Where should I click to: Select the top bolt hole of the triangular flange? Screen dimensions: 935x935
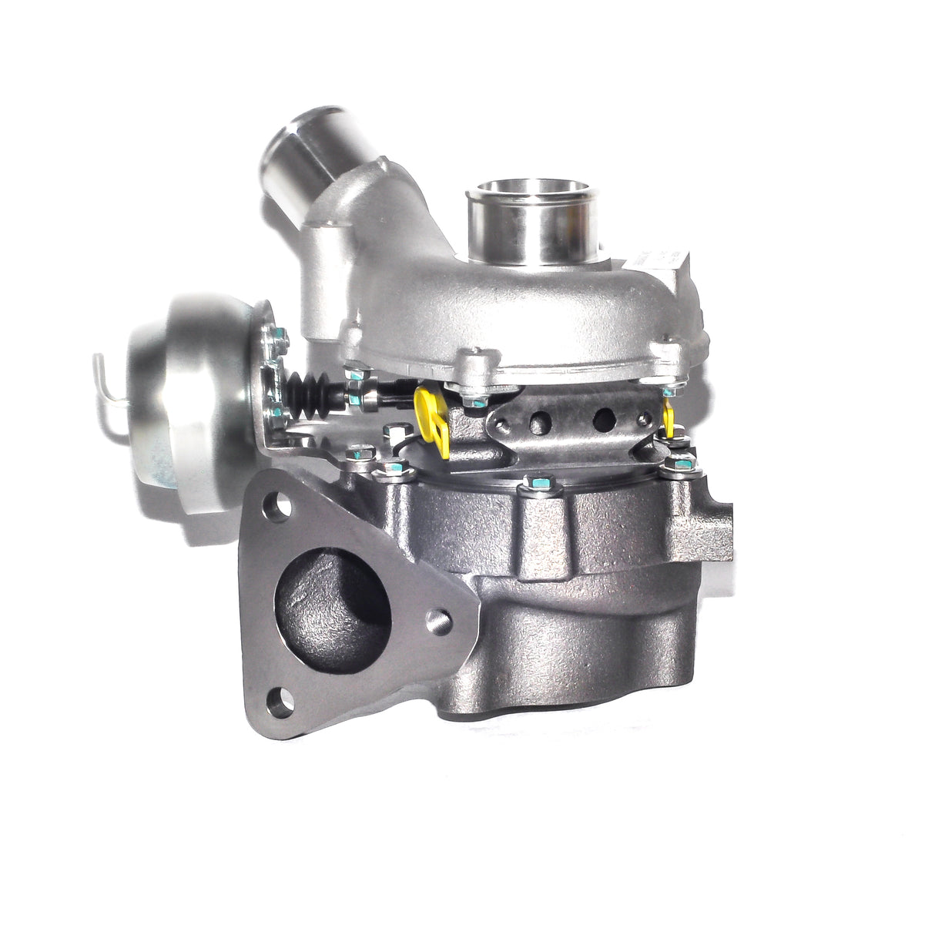pos(281,508)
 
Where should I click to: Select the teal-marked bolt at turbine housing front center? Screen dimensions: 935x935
pos(538,484)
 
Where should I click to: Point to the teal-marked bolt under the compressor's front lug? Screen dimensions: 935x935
pos(478,401)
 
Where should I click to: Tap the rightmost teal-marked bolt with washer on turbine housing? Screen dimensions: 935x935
pos(681,463)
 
